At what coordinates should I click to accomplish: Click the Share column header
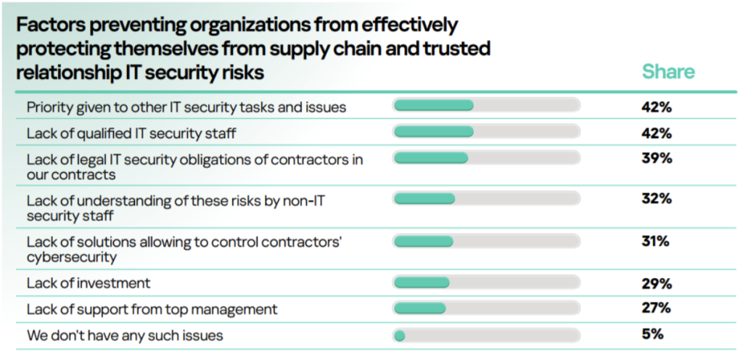tap(668, 72)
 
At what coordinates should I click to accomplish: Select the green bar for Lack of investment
tap(422, 282)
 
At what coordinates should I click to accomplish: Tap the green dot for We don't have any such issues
tap(399, 335)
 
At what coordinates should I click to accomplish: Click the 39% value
tap(656, 158)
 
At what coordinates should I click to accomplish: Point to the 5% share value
tap(652, 335)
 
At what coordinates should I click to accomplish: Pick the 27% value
tap(656, 308)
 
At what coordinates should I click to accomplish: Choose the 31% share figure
tap(655, 241)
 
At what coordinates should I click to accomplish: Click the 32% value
tap(656, 199)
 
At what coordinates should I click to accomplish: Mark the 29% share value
tap(656, 282)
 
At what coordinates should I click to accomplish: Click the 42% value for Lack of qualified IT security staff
tap(656, 133)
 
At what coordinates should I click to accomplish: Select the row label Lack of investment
tap(89, 282)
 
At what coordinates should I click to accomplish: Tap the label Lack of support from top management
tap(152, 309)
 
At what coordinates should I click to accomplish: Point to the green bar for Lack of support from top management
tap(419, 308)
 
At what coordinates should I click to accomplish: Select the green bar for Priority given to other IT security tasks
tap(433, 106)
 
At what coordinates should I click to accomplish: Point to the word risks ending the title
tap(241, 73)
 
